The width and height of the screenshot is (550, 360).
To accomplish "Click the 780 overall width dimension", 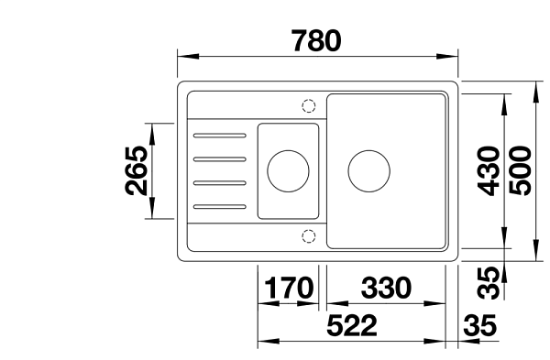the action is pyautogui.click(x=316, y=40).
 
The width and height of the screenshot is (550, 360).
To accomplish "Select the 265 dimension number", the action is pyautogui.click(x=137, y=170).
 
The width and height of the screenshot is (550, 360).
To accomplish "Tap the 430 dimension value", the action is pyautogui.click(x=489, y=171).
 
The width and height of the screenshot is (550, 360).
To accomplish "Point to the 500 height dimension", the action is pyautogui.click(x=520, y=170).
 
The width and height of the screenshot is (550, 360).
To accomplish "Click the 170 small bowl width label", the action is pyautogui.click(x=289, y=288).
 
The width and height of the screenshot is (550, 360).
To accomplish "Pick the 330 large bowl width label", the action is pyautogui.click(x=386, y=288).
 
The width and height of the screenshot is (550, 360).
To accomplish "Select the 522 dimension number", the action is pyautogui.click(x=352, y=325).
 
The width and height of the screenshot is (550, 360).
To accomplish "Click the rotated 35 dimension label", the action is pyautogui.click(x=489, y=282).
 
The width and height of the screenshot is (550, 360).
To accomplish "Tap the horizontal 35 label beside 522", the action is pyautogui.click(x=480, y=325).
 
